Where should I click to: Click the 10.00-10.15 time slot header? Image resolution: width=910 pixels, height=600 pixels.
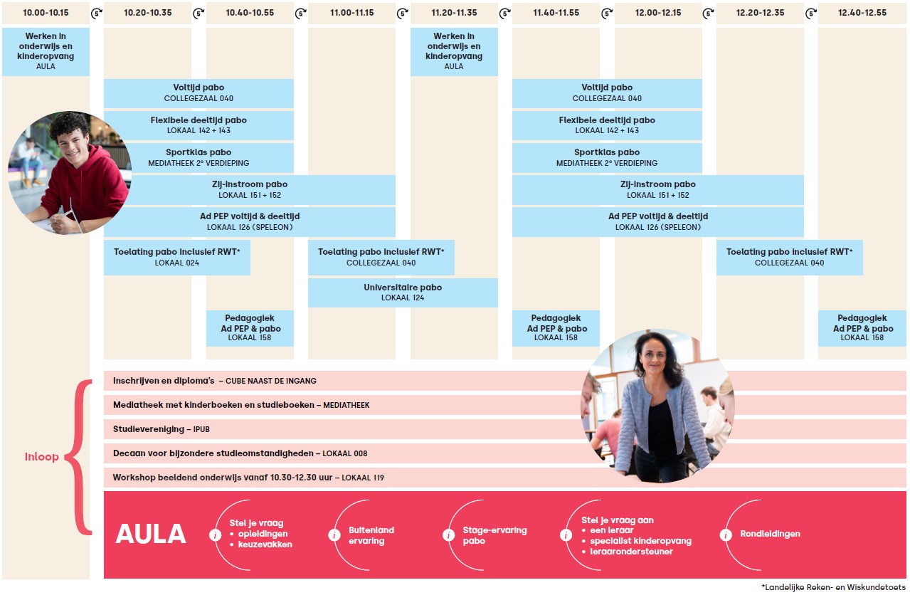click(46, 13)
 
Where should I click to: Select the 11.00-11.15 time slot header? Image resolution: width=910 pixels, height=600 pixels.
click(351, 13)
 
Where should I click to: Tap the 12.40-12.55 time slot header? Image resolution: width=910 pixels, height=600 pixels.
click(862, 13)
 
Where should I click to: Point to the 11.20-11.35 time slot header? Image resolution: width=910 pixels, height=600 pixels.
click(454, 13)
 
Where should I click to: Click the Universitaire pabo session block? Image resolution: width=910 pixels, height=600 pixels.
click(403, 293)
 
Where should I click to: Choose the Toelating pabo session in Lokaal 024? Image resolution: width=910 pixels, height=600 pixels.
click(177, 257)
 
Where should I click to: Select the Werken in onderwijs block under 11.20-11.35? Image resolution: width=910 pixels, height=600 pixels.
click(454, 51)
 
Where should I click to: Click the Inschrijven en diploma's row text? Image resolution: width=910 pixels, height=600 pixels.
click(214, 381)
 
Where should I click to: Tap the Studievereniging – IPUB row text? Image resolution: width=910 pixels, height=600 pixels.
click(162, 429)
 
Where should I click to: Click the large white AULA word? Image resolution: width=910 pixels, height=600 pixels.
click(151, 535)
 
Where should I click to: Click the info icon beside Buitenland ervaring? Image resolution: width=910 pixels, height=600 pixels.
click(334, 535)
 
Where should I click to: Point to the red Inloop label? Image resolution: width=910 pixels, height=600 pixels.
click(42, 457)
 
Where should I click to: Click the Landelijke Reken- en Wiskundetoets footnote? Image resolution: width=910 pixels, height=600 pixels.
click(833, 588)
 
